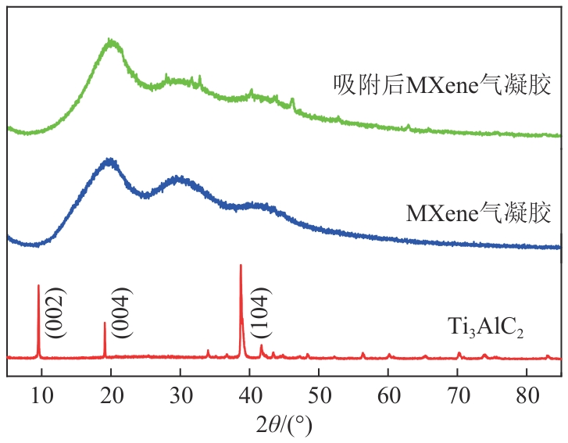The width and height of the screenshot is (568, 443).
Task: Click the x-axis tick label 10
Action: [x=41, y=395]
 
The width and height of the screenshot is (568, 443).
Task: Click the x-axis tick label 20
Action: [x=111, y=395]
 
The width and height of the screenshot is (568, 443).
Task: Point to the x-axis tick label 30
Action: [x=180, y=395]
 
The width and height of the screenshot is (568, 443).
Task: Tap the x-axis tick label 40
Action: [x=250, y=395]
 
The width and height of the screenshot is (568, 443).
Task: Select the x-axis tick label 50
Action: [x=319, y=395]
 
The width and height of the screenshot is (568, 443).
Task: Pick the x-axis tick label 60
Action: [x=388, y=395]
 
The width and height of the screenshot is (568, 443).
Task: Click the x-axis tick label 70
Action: [x=458, y=395]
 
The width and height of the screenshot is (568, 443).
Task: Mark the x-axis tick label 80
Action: [x=527, y=395]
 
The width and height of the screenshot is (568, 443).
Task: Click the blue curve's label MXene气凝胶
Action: [x=478, y=213]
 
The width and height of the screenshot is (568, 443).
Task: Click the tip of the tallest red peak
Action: [x=241, y=266]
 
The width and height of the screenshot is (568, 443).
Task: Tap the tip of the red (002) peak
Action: [x=38, y=286]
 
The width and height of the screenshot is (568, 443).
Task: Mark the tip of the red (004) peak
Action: [x=105, y=323]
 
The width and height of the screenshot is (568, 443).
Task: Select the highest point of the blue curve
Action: [x=109, y=160]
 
